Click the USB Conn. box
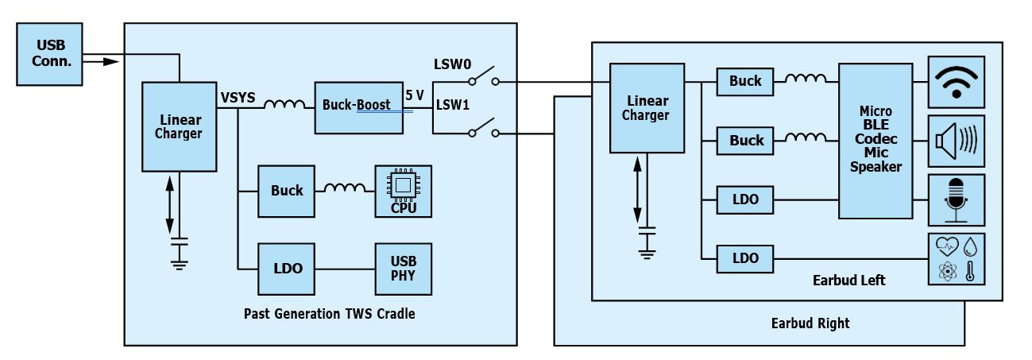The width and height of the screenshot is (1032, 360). point(49,54)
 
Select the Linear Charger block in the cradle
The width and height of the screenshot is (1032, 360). point(179,126)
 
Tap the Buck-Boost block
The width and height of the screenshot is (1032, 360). point(358,106)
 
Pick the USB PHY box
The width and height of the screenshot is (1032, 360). point(404,269)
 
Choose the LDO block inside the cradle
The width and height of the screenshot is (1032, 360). point(287,269)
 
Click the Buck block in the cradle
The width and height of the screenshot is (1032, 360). point(287,191)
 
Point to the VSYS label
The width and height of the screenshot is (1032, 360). point(238,98)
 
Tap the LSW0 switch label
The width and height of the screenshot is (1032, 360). point(451,64)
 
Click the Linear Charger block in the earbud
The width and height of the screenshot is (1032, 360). point(645,108)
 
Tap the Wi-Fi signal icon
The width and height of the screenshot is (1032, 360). point(957,82)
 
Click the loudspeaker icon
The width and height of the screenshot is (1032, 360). point(957,141)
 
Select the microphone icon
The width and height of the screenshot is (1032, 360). point(957,199)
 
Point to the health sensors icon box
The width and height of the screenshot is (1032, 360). point(957,259)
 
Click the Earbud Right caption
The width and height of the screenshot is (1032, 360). point(810,323)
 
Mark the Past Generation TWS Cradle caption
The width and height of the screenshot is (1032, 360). point(329,313)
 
